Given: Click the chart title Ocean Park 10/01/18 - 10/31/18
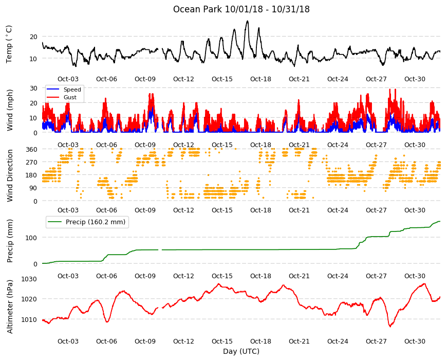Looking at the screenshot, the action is [x=241, y=9].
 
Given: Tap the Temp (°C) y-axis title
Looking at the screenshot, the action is [x=9, y=44].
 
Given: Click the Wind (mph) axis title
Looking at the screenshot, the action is [x=10, y=110].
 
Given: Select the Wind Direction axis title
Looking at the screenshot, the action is [x=10, y=176].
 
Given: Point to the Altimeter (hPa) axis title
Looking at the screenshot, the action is [x=10, y=307].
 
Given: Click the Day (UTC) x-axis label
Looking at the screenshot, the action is [x=241, y=351].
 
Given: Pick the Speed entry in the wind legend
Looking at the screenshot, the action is [x=72, y=89].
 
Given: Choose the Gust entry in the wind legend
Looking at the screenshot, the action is [x=70, y=97].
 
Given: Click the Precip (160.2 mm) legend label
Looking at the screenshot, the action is [x=96, y=222].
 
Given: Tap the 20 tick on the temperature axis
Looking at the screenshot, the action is [x=33, y=37].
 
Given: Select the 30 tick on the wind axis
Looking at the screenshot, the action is [x=33, y=88].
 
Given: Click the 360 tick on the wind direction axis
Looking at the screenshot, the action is [x=31, y=149].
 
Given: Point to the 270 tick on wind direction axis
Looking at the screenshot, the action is [x=31, y=163].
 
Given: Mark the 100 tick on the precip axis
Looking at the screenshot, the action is [x=31, y=238].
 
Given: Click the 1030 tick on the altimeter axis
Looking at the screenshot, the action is [x=29, y=279].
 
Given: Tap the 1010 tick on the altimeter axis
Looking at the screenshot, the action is [x=29, y=319].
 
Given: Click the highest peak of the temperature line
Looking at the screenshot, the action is [x=247, y=21].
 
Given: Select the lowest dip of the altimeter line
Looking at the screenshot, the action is [x=389, y=327].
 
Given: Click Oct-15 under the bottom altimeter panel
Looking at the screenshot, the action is [x=222, y=341].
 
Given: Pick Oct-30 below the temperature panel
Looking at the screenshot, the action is [x=415, y=79].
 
